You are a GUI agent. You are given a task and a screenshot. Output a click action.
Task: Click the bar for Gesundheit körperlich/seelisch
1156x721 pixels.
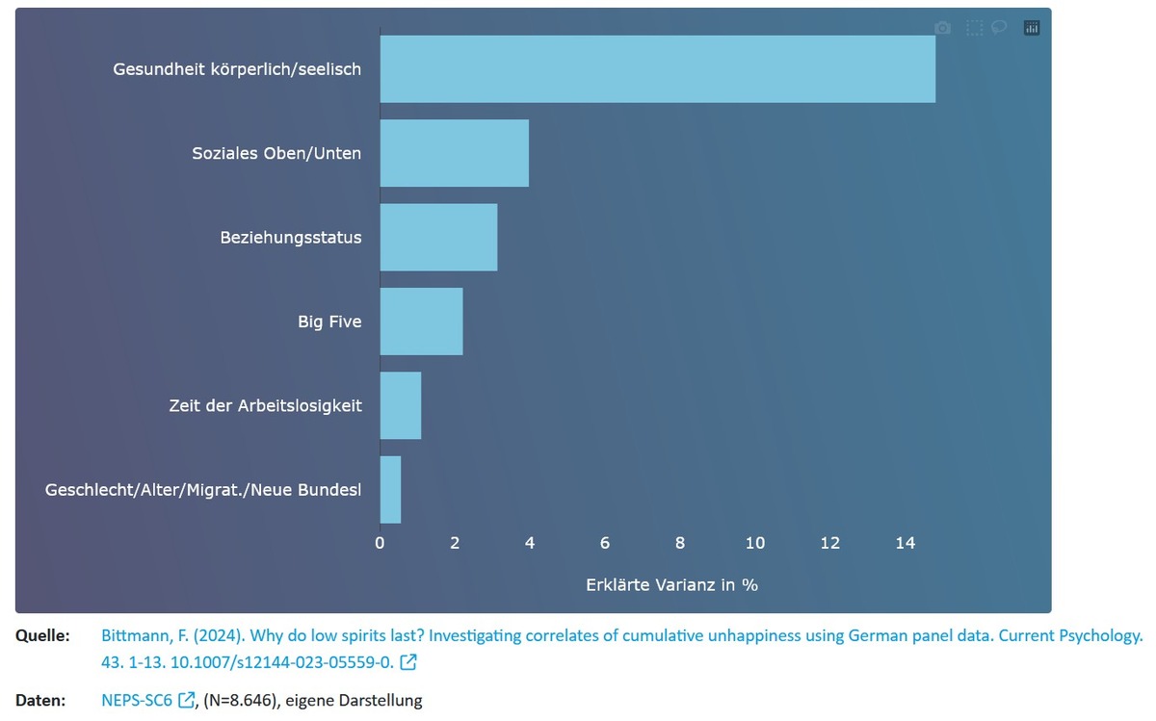pyautogui.click(x=657, y=69)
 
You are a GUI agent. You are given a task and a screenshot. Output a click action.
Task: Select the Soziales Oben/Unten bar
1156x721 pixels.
pyautogui.click(x=454, y=153)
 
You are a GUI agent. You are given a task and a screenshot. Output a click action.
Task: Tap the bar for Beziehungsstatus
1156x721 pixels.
pyautogui.click(x=438, y=237)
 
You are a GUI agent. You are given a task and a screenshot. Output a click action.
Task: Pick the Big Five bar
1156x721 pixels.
pyautogui.click(x=421, y=322)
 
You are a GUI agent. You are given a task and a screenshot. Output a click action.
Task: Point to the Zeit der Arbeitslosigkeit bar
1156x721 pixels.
pyautogui.click(x=400, y=405)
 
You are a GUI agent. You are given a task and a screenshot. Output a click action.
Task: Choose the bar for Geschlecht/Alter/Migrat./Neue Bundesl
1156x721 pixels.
pyautogui.click(x=390, y=490)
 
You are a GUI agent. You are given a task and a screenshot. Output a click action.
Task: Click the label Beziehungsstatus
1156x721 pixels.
pyautogui.click(x=290, y=237)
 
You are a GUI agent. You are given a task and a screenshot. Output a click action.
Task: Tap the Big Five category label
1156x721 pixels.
pyautogui.click(x=329, y=322)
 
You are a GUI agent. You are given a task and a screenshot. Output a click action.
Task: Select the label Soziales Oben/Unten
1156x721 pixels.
pyautogui.click(x=276, y=153)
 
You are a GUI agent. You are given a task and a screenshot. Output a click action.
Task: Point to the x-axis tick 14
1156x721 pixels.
pyautogui.click(x=905, y=543)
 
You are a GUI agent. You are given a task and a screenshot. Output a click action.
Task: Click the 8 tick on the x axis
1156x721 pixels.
pyautogui.click(x=680, y=543)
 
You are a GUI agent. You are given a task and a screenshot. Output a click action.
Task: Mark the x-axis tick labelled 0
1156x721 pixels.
pyautogui.click(x=380, y=543)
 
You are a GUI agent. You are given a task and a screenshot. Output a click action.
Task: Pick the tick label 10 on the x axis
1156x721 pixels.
pyautogui.click(x=754, y=543)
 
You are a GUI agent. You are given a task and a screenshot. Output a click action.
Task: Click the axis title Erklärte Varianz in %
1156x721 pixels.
pyautogui.click(x=671, y=584)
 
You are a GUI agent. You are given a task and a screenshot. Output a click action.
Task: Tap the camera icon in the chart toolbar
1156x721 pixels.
pyautogui.click(x=943, y=28)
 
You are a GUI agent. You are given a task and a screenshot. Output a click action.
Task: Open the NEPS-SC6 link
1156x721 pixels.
pyautogui.click(x=137, y=700)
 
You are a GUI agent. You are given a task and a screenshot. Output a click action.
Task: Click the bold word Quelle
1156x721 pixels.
pyautogui.click(x=42, y=636)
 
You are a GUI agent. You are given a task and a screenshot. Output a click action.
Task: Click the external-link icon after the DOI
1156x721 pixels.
pyautogui.click(x=408, y=662)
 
